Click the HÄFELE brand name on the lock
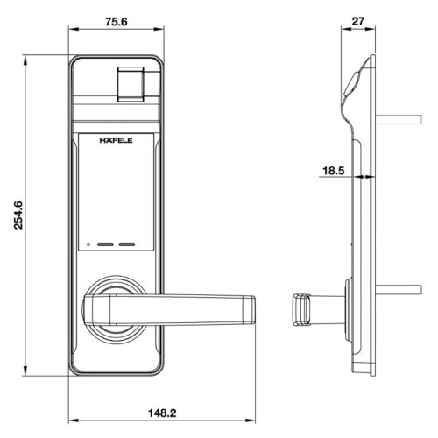point(117,139)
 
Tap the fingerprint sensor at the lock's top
point(131,82)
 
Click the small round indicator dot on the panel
point(89,245)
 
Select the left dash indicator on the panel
point(107,245)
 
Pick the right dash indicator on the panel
point(129,245)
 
